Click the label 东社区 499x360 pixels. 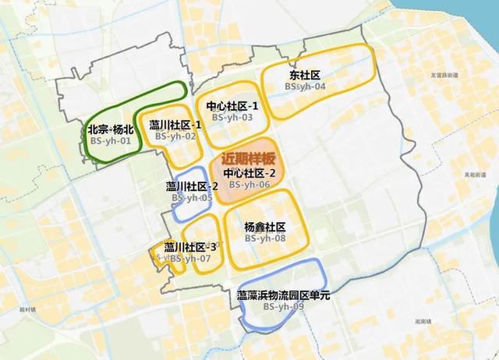click(305, 76)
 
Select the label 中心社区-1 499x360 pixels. click(232, 106)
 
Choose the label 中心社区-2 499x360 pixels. click(249, 173)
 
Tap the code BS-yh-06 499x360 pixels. click(249, 185)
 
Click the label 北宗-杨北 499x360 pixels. click(111, 130)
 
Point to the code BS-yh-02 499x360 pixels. click(175, 136)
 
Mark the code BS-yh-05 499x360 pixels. click(193, 198)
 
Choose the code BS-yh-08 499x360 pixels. click(265, 238)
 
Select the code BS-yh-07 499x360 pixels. click(190, 258)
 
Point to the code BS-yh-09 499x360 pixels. click(284, 308)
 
